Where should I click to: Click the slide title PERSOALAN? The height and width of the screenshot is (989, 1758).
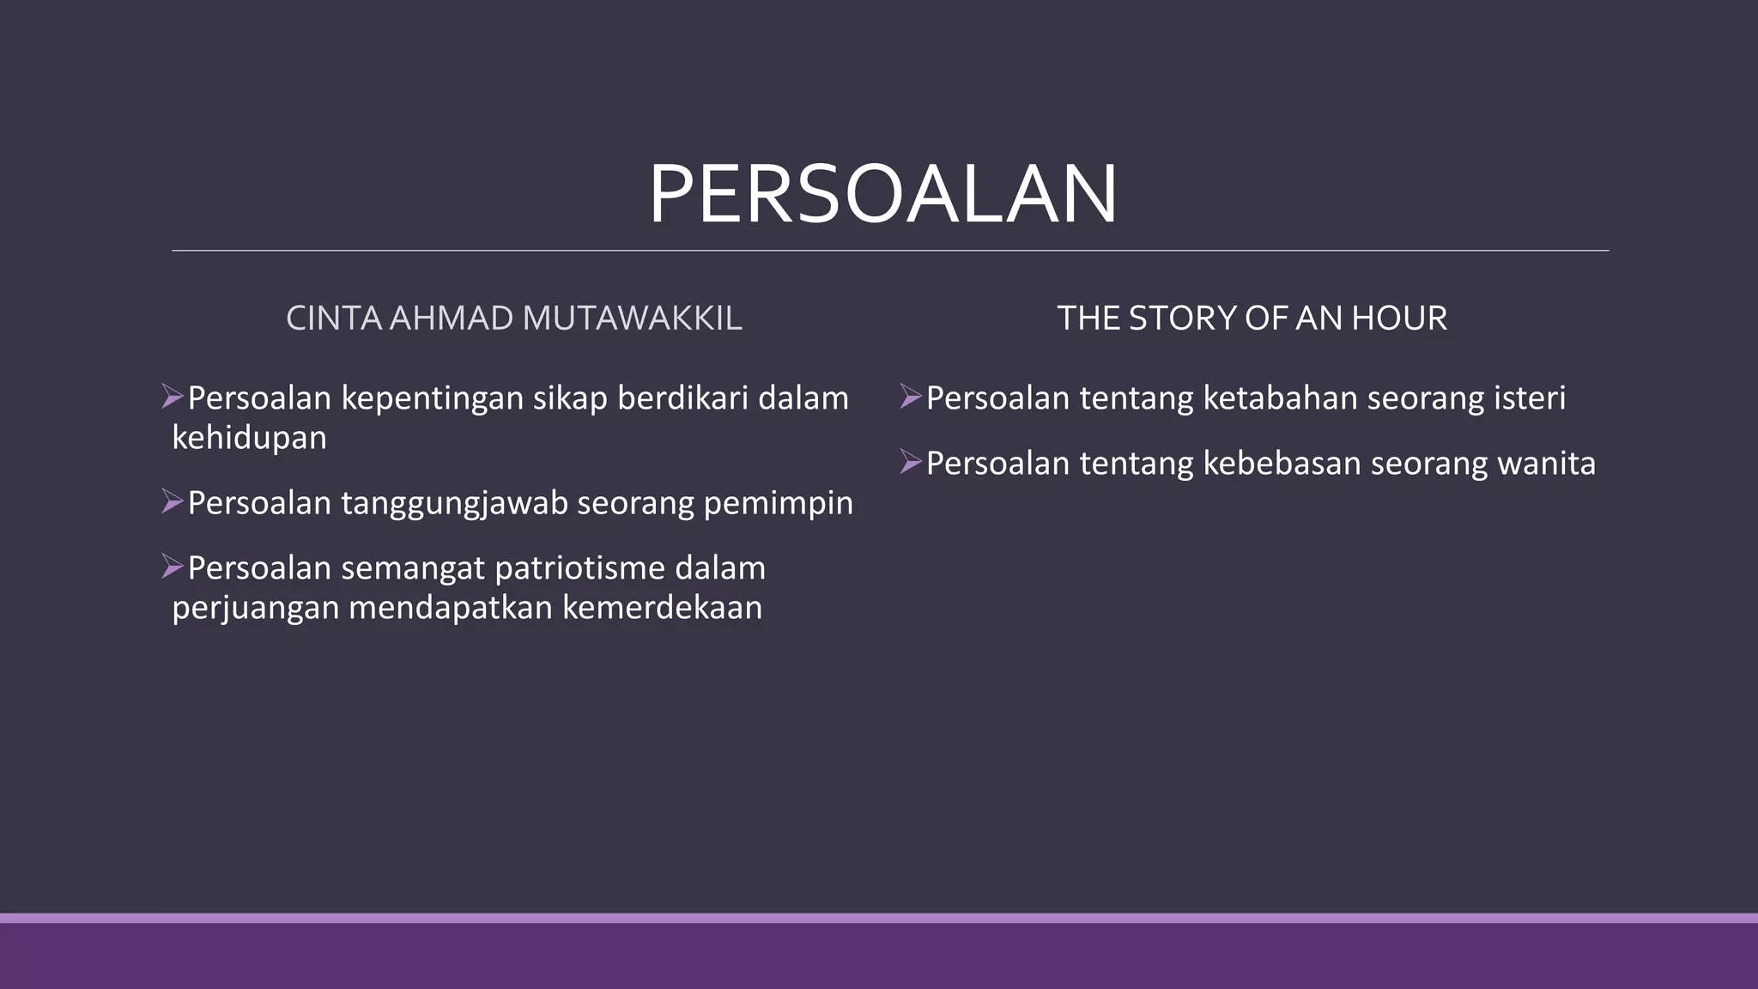[882, 196]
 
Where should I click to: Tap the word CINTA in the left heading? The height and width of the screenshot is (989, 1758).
[333, 319]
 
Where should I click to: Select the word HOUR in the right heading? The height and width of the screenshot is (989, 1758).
[1399, 319]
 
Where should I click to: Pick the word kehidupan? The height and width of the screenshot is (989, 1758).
[249, 438]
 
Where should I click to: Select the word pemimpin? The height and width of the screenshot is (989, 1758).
[778, 504]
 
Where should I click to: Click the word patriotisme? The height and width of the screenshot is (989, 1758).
[579, 568]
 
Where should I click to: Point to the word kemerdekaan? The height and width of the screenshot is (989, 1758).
[662, 608]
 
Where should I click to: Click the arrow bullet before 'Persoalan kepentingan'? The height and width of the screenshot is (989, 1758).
[173, 397]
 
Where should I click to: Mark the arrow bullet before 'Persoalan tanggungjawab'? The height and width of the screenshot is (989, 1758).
[173, 501]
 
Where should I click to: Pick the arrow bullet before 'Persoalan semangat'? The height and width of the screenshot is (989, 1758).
[173, 567]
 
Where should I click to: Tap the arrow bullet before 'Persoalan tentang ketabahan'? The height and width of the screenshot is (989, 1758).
[911, 397]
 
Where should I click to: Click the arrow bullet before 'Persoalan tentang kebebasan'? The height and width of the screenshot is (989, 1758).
[911, 462]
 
